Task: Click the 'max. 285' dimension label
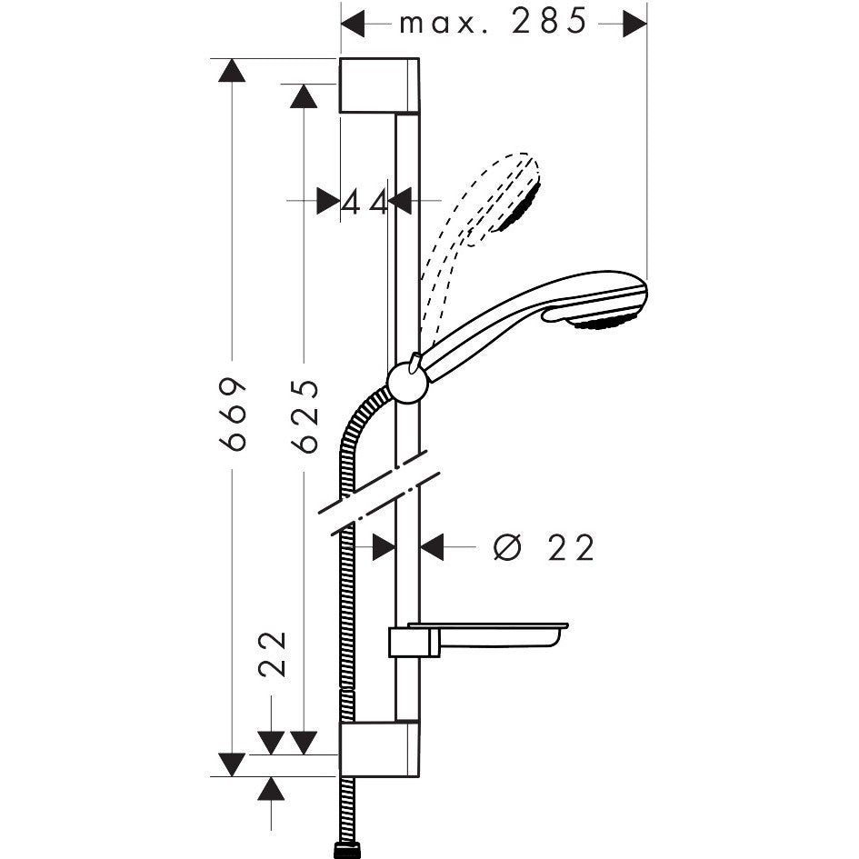[493, 23]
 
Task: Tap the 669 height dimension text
[232, 414]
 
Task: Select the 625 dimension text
[305, 415]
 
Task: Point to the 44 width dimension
[365, 204]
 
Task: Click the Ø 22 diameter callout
[544, 547]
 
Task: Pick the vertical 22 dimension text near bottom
[273, 654]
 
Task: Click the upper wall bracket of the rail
[379, 85]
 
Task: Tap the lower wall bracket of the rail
[379, 749]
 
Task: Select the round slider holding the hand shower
[407, 383]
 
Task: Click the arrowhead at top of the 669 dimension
[232, 70]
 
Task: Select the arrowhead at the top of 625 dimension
[304, 95]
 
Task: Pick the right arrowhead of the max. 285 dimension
[635, 24]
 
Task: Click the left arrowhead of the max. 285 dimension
[353, 24]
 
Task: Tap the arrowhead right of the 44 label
[401, 201]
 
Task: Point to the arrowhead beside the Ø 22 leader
[432, 547]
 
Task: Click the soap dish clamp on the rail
[414, 642]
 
